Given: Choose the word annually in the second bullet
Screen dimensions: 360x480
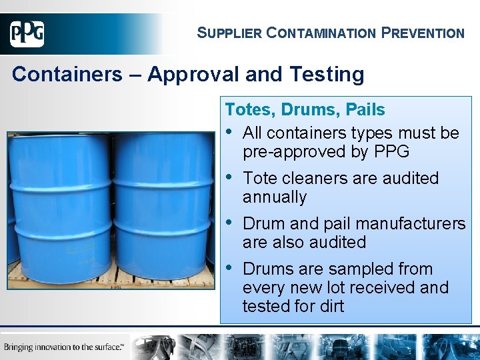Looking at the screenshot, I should (275, 197).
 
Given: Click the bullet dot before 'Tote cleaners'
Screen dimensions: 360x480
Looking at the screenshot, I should (230, 178).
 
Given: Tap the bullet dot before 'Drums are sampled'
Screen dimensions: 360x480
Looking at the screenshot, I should (230, 269).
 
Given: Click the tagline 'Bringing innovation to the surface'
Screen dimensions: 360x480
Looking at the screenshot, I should (64, 347).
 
